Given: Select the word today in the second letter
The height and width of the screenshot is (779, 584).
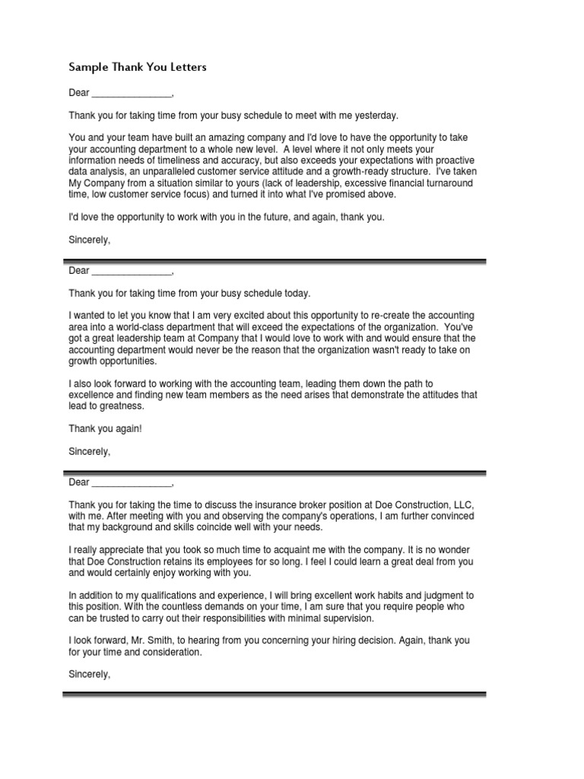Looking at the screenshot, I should pos(297,293).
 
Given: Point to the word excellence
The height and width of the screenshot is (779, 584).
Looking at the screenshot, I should pos(91,395).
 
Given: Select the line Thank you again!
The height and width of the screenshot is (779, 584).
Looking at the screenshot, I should pos(105,428).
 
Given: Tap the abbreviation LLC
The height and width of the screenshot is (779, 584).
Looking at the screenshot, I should pos(465,505).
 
